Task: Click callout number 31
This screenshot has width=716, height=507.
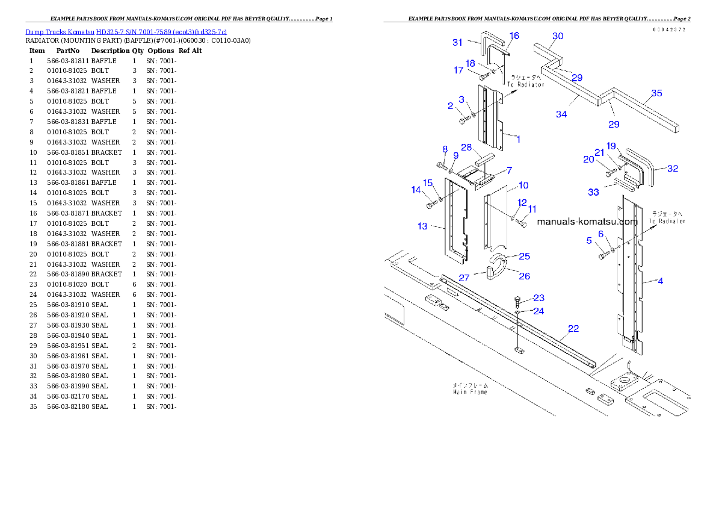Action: coord(458,42)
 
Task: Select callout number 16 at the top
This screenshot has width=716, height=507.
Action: coord(514,36)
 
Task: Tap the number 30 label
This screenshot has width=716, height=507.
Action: coord(558,36)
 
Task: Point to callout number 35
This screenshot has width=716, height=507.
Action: coord(656,93)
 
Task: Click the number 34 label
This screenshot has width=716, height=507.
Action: coord(561,114)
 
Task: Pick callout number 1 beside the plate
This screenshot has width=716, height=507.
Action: coord(518,139)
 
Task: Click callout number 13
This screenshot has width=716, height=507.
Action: coord(422,226)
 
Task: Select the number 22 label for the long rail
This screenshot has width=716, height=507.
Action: coord(573,328)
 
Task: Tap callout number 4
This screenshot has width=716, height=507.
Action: coord(661,281)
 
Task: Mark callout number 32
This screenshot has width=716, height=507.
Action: coord(673,169)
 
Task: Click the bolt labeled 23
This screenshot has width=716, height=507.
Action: coord(517,300)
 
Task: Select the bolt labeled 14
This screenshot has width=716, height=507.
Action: coord(430,205)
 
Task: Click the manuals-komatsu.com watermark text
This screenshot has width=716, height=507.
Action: coord(587,222)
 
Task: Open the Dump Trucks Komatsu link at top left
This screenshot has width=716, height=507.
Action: coord(126,32)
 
